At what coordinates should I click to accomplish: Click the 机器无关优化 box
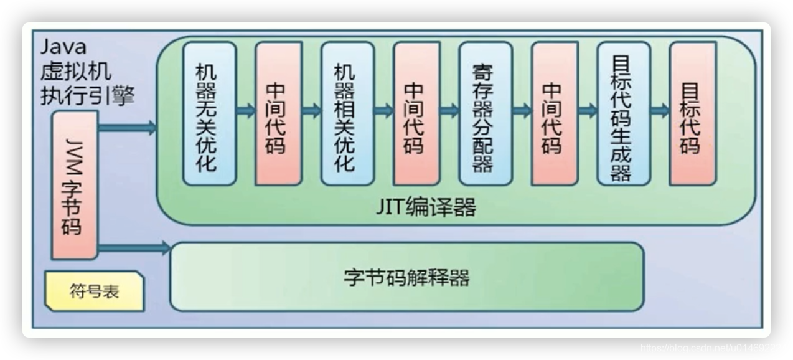tap(209, 113)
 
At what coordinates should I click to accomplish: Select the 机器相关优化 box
tap(347, 113)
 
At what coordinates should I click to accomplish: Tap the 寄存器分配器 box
tap(485, 113)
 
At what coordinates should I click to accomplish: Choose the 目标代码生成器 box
tap(623, 113)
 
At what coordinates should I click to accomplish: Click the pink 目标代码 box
tap(692, 113)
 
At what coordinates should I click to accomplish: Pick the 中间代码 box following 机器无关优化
tap(278, 113)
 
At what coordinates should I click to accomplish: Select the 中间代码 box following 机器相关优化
tap(416, 113)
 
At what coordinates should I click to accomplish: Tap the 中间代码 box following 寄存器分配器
tap(554, 113)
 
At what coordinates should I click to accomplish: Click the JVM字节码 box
tap(75, 185)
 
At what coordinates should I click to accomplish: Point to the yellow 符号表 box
tap(95, 291)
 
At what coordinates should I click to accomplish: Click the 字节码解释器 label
tap(406, 277)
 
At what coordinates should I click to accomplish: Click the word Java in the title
tap(63, 47)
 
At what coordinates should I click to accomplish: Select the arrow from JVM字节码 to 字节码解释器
tap(134, 249)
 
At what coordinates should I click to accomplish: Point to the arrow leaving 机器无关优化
tap(246, 111)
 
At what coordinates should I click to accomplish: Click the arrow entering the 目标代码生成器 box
tap(588, 111)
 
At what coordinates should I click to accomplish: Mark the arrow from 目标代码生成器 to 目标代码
tap(660, 111)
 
